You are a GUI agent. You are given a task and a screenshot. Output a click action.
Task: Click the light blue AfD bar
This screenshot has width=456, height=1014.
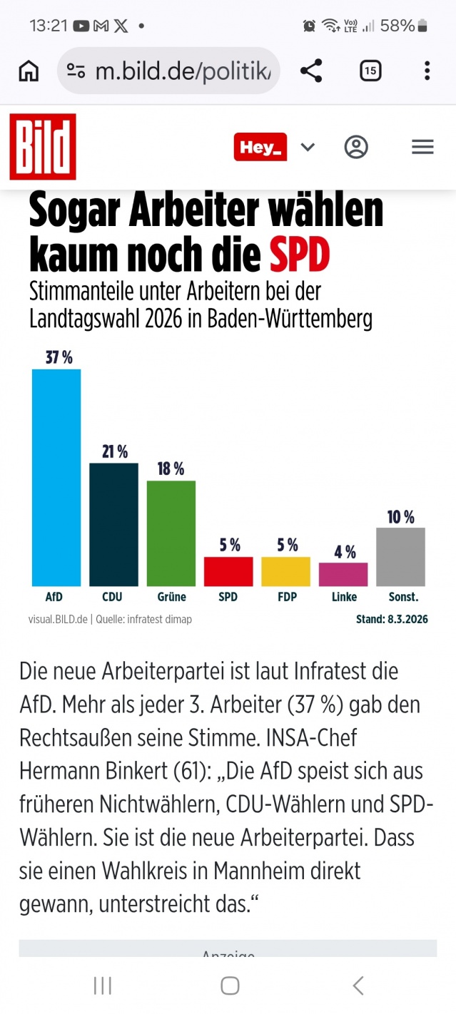pos(56,477)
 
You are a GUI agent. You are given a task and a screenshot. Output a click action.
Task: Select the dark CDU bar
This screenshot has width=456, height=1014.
pos(113,524)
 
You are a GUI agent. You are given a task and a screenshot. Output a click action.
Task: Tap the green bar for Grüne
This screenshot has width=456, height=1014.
pos(171,533)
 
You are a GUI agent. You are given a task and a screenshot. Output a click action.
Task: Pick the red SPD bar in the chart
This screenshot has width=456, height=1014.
pos(228,571)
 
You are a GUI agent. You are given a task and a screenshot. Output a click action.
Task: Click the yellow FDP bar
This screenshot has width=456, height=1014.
pos(286,571)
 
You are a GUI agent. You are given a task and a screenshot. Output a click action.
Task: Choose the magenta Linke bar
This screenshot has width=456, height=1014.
pos(343,574)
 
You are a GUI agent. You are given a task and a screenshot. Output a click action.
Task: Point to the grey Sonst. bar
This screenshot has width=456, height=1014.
pos(400,556)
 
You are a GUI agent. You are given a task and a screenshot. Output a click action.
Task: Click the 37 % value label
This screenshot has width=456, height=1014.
pos(59,358)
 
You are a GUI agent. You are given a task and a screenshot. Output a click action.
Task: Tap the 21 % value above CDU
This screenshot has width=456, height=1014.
pos(114,451)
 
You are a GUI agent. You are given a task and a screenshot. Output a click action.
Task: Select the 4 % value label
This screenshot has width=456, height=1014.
pos(345,552)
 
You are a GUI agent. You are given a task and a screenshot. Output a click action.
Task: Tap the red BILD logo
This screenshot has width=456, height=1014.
pos(43,147)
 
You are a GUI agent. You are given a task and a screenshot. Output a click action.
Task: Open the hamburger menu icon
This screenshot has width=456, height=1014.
pos(423,147)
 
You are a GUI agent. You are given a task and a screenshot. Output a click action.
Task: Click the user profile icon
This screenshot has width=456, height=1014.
pos(356,147)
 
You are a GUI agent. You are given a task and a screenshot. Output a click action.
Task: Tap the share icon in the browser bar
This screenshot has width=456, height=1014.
pos(311,71)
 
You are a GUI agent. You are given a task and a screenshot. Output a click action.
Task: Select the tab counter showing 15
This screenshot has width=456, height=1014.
pos(370,71)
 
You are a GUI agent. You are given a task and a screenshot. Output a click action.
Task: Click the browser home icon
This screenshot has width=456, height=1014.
pos(29,71)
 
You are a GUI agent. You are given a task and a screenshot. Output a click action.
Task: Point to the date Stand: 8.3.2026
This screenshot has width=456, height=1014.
pos(392,620)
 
